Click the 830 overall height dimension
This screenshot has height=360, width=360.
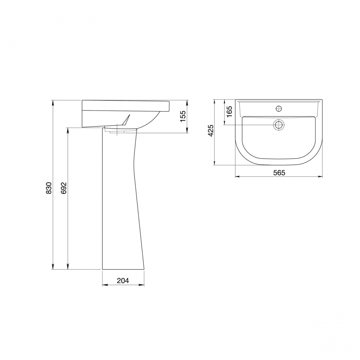[49, 185]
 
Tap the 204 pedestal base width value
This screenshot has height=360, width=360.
[123, 280]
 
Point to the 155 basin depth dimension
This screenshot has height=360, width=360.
[183, 116]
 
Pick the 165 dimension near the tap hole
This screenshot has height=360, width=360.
[229, 112]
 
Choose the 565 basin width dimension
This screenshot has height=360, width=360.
[279, 172]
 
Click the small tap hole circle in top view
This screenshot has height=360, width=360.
[279, 108]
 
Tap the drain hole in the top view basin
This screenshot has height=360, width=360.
[279, 125]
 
